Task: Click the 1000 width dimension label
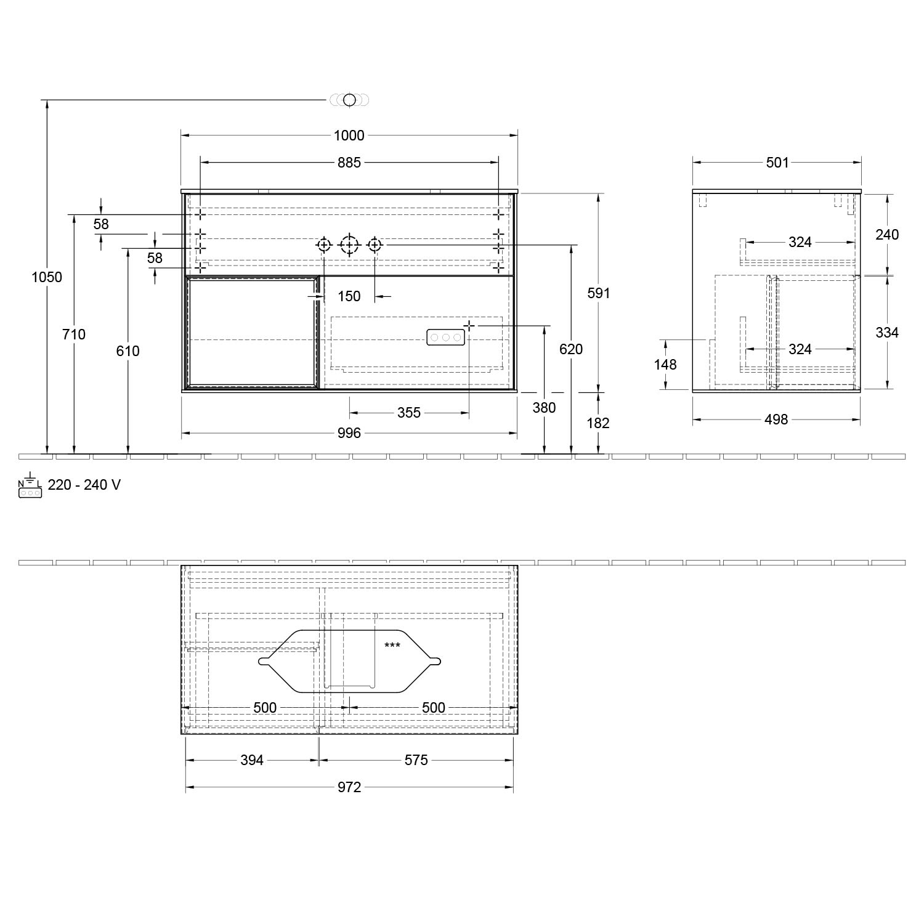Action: tap(349, 136)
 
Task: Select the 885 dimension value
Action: tap(349, 163)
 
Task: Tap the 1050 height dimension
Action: tap(47, 277)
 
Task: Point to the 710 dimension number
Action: tap(74, 334)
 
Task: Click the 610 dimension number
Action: tap(128, 351)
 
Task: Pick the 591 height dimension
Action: tap(598, 293)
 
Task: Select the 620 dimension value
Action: tap(571, 349)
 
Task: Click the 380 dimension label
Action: tap(545, 408)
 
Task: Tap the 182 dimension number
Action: tap(598, 423)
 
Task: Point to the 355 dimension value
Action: tap(409, 413)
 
